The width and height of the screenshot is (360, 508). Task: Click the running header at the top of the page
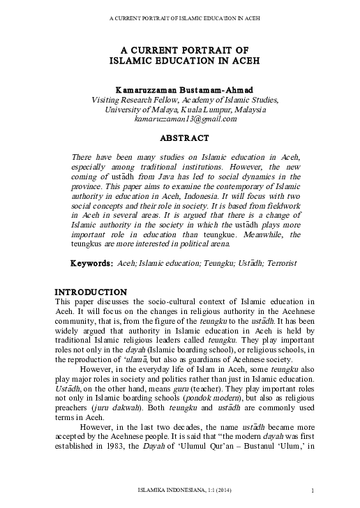(x=180, y=17)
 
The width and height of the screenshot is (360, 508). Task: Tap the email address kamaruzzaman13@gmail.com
(x=181, y=119)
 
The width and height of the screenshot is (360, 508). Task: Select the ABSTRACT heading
(x=181, y=138)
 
